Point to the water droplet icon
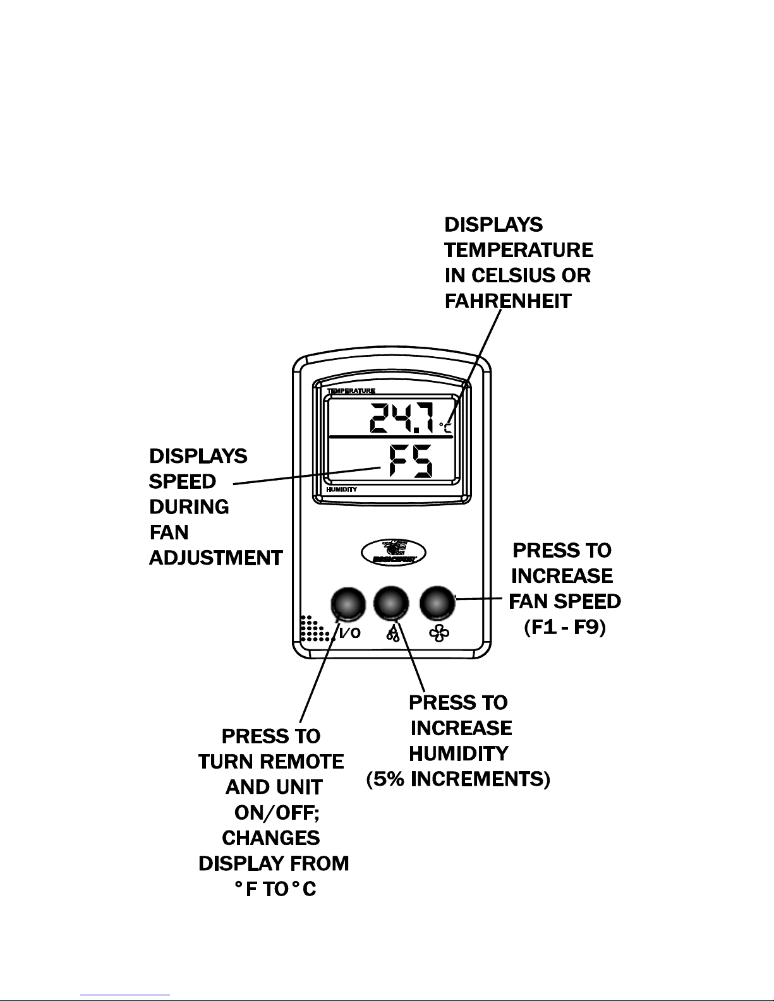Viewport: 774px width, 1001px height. pos(393,633)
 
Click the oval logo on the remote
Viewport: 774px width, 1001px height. pos(393,552)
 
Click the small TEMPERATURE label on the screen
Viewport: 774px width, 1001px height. pos(351,392)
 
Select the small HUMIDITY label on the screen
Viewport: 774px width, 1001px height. pos(341,489)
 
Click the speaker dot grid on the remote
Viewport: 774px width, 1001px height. pos(313,628)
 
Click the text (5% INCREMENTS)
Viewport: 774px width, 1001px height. pos(459,779)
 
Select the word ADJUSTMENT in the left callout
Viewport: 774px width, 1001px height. pos(215,558)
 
